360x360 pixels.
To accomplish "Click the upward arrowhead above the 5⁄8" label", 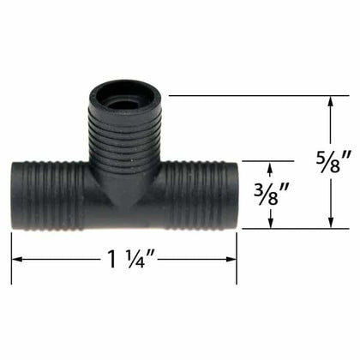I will (331, 102).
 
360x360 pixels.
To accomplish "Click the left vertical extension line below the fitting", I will (11, 257).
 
